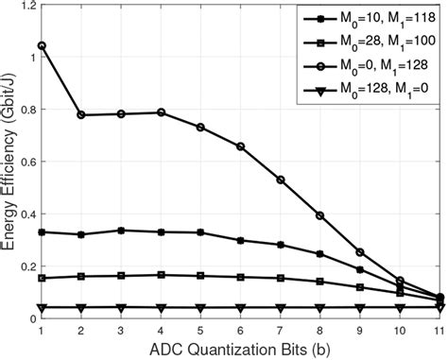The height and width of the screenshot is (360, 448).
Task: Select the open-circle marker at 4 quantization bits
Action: coord(161,112)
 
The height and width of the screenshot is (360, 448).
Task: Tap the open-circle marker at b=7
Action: coord(281,180)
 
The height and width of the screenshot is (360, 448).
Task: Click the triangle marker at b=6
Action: coord(240,307)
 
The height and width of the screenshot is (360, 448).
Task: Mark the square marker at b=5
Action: coord(200,276)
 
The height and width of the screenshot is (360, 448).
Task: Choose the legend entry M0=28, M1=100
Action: coord(372,43)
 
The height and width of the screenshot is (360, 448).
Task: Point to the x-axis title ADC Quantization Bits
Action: coord(240,350)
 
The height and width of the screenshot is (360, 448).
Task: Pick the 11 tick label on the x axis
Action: coord(439,330)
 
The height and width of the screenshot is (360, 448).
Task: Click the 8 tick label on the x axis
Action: coord(320,330)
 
